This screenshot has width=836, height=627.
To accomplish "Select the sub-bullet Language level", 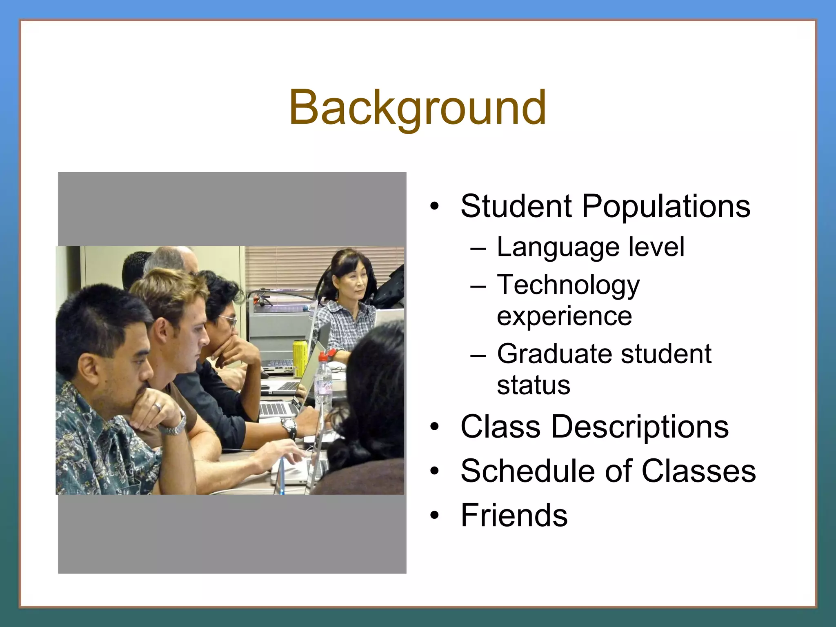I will [590, 247].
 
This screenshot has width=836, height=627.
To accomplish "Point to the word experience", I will [564, 316].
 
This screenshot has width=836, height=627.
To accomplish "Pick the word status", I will [533, 385].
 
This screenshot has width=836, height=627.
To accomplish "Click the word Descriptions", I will [640, 427].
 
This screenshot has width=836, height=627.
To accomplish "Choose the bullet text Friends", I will [514, 515].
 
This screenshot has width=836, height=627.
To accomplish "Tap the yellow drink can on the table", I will [299, 358].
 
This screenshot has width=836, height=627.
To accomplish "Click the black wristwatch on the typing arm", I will [289, 427].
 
